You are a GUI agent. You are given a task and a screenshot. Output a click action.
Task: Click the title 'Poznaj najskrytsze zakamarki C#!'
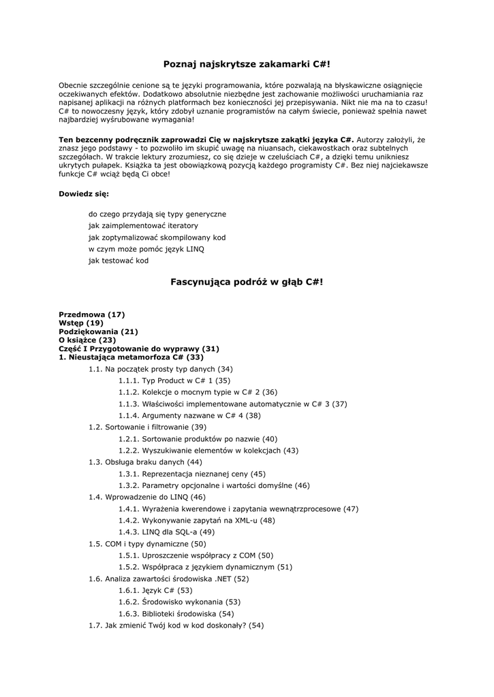[247, 64]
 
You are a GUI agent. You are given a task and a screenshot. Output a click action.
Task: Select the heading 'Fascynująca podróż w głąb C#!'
[247, 281]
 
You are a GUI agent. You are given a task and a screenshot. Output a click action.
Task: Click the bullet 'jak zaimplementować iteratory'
[143, 225]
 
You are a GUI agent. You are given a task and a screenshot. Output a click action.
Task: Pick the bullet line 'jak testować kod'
[118, 261]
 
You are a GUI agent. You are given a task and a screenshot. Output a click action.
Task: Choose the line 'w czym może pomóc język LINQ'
[146, 249]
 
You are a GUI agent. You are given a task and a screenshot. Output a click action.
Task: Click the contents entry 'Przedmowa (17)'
[92, 314]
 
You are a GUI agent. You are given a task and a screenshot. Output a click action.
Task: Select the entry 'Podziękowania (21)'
[99, 331]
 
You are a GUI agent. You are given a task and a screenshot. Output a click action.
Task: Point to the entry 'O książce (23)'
[87, 340]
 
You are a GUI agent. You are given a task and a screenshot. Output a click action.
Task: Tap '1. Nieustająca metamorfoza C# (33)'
[131, 357]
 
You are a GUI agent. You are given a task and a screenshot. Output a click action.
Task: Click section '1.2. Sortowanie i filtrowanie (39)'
[147, 427]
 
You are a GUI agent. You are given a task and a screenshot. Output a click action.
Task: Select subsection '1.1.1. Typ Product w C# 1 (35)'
[174, 380]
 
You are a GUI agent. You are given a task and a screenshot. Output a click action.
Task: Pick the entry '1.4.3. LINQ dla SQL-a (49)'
[166, 532]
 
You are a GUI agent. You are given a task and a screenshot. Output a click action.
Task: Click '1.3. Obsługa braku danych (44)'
[145, 461]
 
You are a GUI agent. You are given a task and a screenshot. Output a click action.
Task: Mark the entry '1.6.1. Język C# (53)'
[155, 590]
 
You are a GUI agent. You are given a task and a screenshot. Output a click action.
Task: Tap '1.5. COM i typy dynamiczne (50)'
[147, 544]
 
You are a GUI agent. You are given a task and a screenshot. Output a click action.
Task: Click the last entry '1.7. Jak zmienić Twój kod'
[176, 625]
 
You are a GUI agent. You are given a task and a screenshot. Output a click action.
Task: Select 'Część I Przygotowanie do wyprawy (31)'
[139, 348]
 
